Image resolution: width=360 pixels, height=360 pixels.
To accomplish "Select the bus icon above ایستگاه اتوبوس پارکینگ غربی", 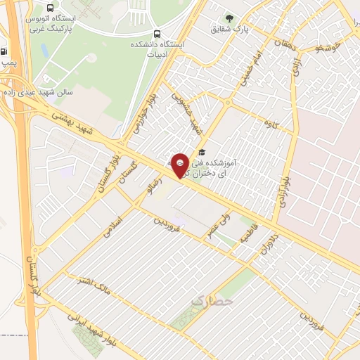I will click(x=49, y=6).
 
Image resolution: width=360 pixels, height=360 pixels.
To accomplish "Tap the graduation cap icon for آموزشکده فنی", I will click(x=202, y=152).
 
